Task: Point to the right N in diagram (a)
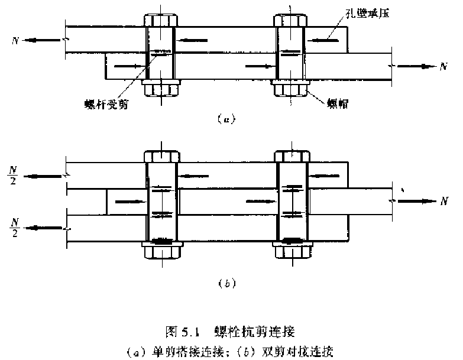[x=443, y=66]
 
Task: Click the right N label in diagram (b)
[x=443, y=201]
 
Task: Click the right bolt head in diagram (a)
[x=290, y=20]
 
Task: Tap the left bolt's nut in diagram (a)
[x=160, y=89]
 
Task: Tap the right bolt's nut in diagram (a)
[x=290, y=89]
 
